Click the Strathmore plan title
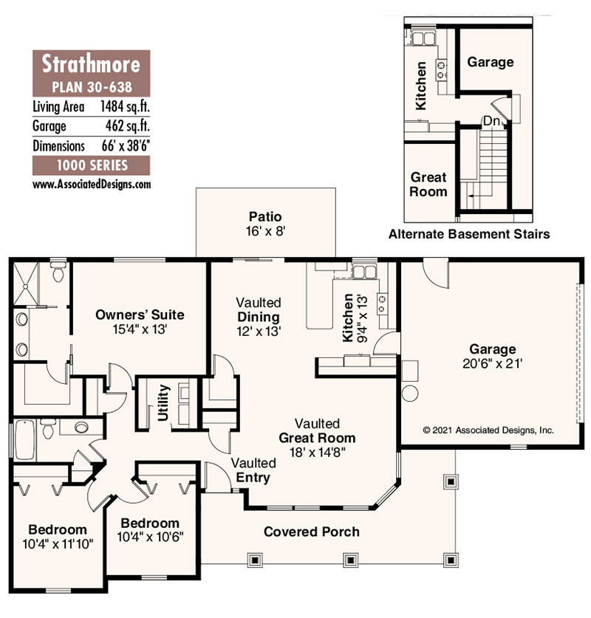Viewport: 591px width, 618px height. coord(92,61)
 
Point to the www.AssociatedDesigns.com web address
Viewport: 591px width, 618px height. coord(92,184)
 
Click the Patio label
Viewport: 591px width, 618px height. coord(265,217)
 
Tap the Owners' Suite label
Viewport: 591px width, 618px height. coord(140,315)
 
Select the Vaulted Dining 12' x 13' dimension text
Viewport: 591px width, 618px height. coord(258,331)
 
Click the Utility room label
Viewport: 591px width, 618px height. coord(164,403)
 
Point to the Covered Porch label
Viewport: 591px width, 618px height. coord(312,532)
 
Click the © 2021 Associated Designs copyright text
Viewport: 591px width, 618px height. coord(488,429)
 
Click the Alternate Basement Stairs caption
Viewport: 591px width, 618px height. coord(469,235)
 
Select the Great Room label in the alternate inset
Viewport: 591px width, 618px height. coord(428,185)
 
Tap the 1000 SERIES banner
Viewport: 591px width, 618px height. coord(92,165)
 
